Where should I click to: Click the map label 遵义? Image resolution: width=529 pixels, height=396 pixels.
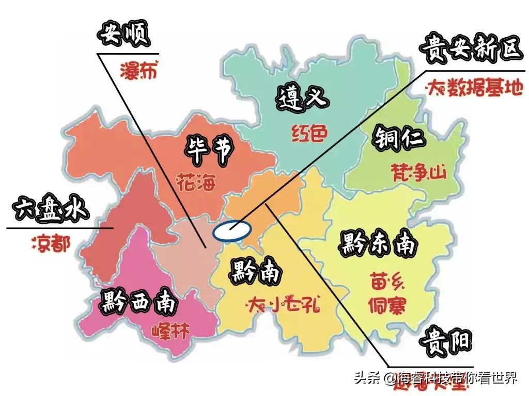(x=303, y=96)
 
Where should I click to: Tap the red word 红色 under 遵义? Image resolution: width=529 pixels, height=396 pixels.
(x=309, y=133)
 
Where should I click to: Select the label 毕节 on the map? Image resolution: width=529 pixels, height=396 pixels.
(x=209, y=150)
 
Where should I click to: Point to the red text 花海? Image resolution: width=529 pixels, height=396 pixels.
(x=195, y=182)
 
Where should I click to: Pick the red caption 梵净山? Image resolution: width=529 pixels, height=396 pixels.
(x=418, y=172)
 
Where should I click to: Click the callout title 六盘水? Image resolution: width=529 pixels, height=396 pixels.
(x=51, y=209)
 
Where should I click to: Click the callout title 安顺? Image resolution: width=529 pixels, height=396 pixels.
(x=123, y=35)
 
